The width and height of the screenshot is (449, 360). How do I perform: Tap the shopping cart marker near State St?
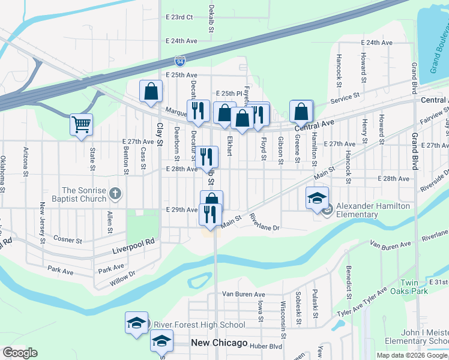point(81,125)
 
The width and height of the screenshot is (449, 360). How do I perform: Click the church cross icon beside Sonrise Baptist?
point(116,194)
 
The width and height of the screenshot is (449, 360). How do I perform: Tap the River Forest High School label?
point(199,325)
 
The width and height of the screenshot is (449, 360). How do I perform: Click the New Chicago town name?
point(219,343)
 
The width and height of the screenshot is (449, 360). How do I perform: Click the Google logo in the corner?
point(20,353)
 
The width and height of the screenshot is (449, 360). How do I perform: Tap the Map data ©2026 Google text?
point(412,355)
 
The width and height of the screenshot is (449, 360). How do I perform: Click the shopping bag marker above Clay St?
point(151,92)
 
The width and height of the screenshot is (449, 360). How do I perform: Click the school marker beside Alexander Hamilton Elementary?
point(317,199)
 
